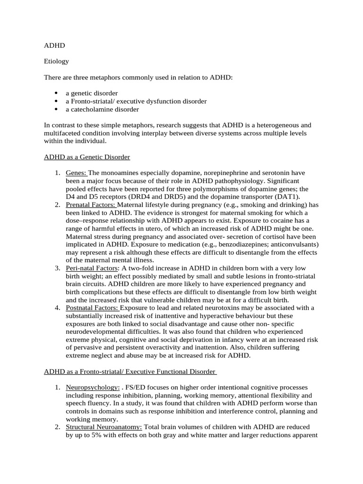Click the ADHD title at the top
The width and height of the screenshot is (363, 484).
54,46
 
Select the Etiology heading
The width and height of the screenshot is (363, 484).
56,61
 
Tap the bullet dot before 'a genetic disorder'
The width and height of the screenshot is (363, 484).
56,93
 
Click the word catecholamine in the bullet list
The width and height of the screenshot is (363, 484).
94,109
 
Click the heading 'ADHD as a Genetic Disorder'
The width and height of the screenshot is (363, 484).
86,156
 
